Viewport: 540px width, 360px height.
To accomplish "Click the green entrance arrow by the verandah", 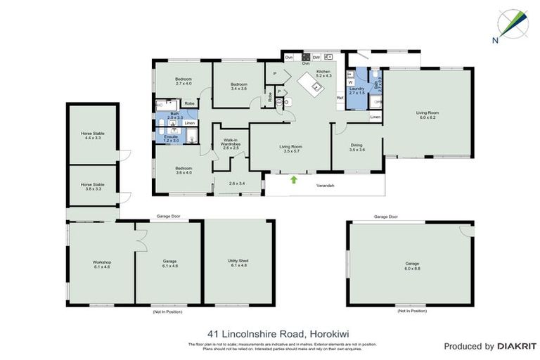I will [294, 179].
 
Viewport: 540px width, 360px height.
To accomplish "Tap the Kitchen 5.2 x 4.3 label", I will [323, 74].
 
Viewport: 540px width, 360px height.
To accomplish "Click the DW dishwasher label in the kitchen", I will [316, 57].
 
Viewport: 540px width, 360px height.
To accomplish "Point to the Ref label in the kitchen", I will [340, 97].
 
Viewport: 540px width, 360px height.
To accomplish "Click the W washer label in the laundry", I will [350, 82].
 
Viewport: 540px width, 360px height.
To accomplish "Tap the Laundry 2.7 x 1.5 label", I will [356, 91].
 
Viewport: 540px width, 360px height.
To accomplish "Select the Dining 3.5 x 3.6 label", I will [357, 148].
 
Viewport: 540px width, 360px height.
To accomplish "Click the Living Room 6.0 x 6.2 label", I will [427, 114].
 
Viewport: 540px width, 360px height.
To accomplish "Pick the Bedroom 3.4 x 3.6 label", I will [239, 86].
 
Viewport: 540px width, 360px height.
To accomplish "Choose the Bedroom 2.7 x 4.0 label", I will [184, 81].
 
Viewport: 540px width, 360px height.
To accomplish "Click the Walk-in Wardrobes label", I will [231, 145].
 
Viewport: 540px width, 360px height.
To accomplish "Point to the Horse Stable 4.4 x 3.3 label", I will [92, 136].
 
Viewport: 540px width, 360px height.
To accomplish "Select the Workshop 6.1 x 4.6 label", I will [101, 264].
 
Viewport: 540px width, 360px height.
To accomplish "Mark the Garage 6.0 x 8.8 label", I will [411, 266].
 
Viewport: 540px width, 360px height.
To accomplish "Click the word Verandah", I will [323, 185].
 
